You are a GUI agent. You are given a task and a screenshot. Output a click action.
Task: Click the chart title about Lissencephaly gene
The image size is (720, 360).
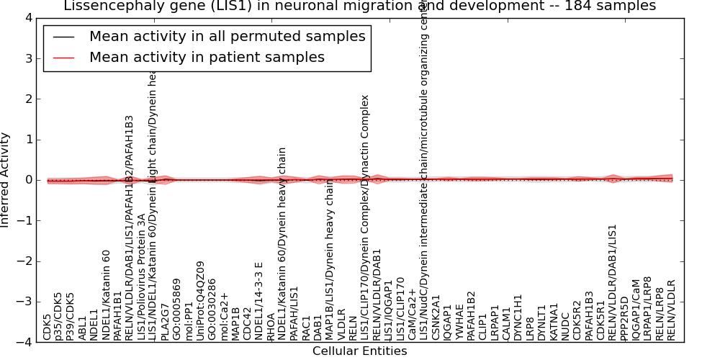click(360, 6)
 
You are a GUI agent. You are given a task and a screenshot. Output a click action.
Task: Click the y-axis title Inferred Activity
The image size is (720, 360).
click(6, 180)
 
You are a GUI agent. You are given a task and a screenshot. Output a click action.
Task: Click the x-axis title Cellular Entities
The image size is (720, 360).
click(359, 351)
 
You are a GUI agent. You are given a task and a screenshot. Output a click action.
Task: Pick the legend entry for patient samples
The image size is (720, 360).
click(207, 58)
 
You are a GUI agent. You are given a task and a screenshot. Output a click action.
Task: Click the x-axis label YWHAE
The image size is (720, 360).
click(459, 323)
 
